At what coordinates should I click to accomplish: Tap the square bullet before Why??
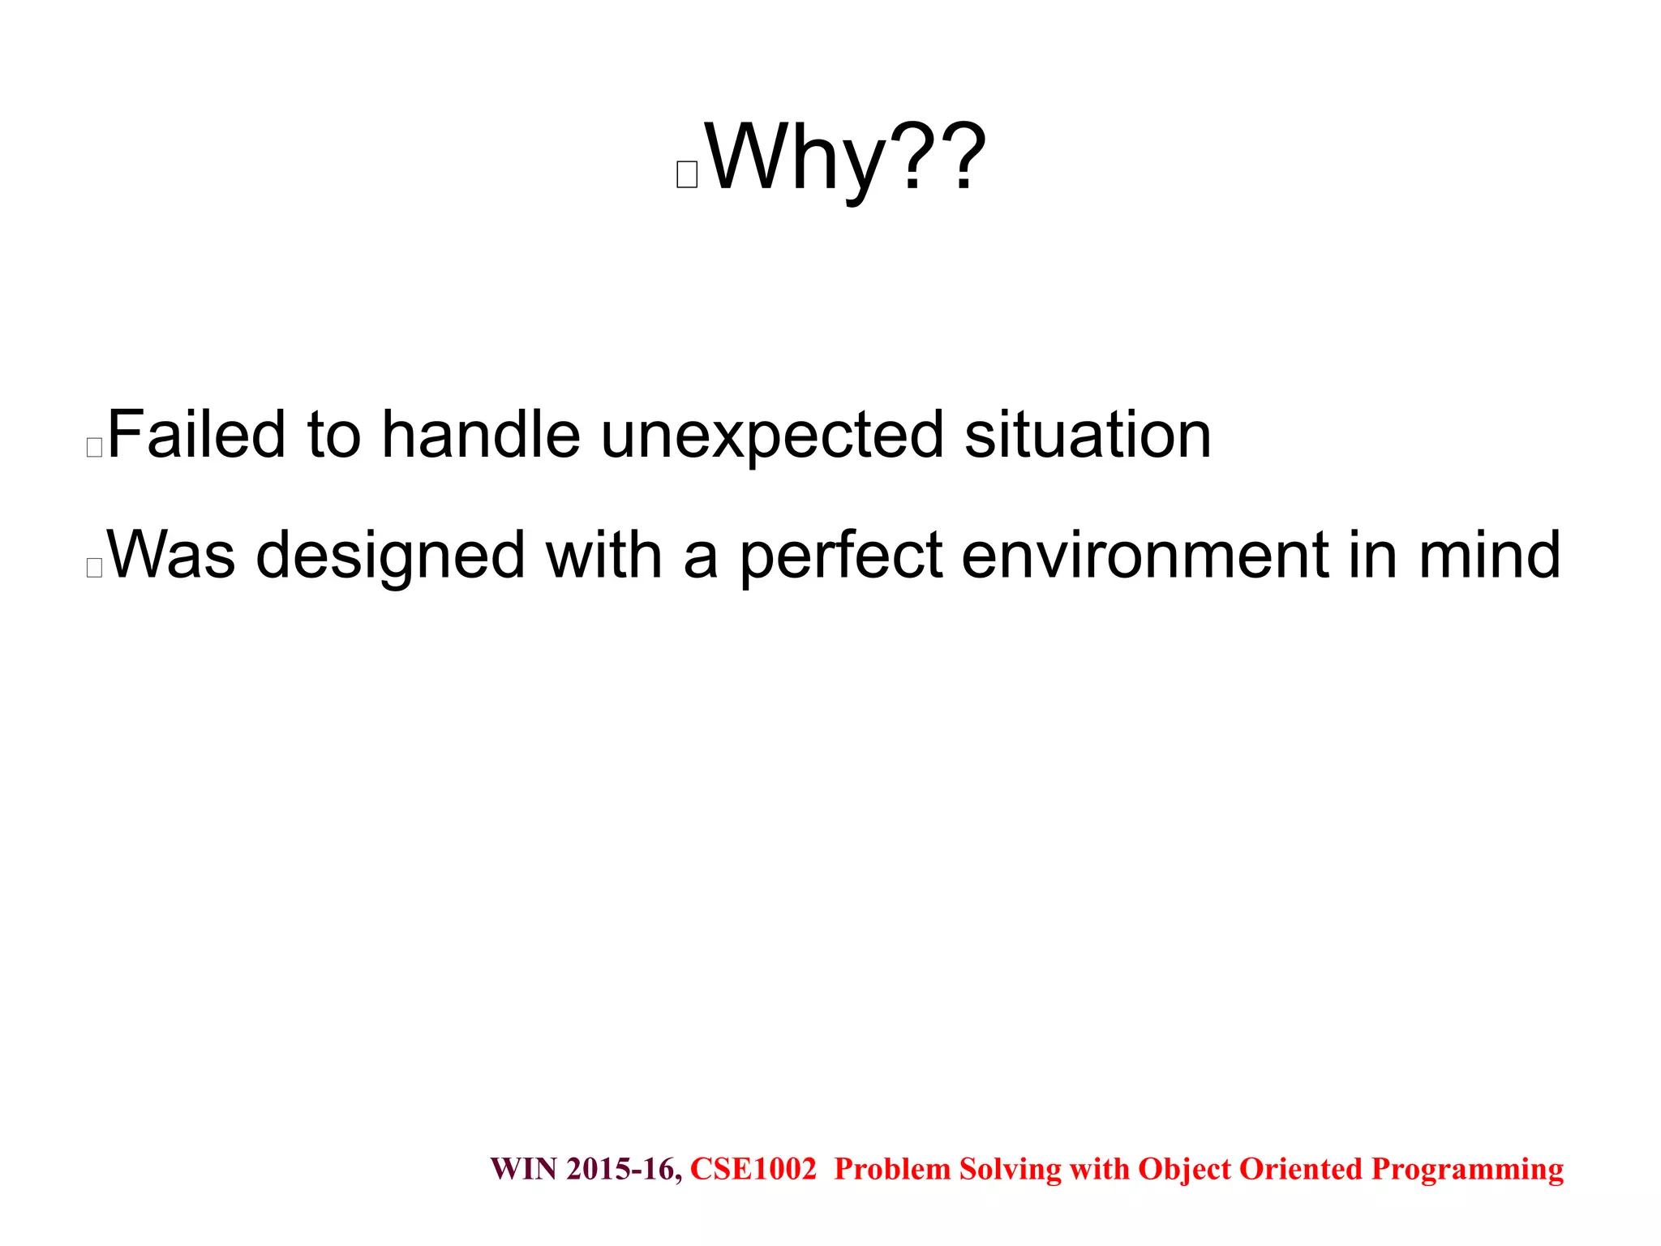[687, 174]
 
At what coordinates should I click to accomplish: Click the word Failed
[196, 435]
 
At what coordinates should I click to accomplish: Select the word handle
[481, 435]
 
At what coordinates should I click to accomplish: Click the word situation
[1088, 435]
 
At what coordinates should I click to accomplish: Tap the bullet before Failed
[94, 447]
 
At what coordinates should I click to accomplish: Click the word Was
[171, 555]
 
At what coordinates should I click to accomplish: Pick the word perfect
[841, 555]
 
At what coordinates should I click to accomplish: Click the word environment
[1144, 555]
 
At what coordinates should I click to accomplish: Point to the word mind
[1489, 555]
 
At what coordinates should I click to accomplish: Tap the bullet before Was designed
[94, 567]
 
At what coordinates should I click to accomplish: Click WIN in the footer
[524, 1169]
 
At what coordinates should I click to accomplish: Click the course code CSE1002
[753, 1169]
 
